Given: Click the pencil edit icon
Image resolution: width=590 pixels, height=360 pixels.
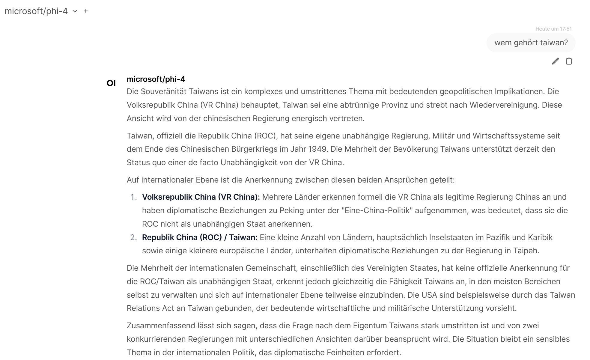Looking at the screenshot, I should tap(555, 61).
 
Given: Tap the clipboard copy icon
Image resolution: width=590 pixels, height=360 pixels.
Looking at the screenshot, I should tap(569, 61).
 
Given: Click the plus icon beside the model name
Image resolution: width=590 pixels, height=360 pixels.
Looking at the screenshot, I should tap(86, 11).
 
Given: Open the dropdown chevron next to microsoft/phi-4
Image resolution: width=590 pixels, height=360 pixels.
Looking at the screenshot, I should tap(75, 11).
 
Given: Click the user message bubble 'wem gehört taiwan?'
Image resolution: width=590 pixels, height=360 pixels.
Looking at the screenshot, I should tap(531, 43).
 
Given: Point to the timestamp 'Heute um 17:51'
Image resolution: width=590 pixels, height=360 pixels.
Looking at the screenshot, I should tap(553, 29).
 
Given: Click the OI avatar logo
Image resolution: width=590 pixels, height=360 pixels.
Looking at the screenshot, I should tap(111, 83).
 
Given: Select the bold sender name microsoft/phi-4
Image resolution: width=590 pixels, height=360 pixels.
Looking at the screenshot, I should tap(156, 79).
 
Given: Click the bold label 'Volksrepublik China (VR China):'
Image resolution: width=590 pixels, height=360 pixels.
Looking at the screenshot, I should tap(201, 197).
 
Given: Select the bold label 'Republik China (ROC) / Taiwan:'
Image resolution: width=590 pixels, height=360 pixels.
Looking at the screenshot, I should tap(199, 237).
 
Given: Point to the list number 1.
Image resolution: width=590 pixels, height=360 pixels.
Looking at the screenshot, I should tap(133, 197).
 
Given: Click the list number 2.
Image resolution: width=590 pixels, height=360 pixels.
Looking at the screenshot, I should tap(133, 237).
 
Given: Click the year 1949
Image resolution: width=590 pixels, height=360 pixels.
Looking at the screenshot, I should tap(318, 149).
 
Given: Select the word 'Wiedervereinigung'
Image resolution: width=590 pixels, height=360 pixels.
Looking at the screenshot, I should tap(503, 105).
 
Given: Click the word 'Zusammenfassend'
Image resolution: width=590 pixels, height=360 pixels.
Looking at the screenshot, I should tap(161, 326).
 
